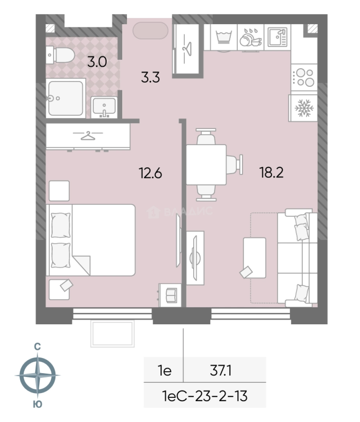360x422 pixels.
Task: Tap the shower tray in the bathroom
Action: [66, 98]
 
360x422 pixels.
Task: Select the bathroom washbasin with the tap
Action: [104, 107]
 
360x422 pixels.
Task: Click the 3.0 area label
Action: [97, 62]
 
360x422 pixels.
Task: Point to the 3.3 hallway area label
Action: [150, 77]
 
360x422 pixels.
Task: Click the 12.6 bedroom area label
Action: [150, 173]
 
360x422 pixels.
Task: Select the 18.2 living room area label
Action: [271, 173]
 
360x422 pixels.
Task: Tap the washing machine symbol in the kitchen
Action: [224, 37]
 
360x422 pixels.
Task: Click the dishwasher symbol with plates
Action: [251, 38]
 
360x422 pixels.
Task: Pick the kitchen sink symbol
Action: [278, 37]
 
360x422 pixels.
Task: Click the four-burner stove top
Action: [304, 77]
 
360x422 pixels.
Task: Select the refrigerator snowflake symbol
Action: [304, 108]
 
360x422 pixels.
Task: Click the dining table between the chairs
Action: [206, 165]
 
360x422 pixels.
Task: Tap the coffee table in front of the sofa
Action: [254, 257]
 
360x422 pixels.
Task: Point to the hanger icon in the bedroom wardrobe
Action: [88, 135]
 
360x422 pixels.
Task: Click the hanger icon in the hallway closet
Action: [187, 49]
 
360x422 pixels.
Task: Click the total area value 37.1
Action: [221, 371]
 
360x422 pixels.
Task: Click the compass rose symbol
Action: [37, 375]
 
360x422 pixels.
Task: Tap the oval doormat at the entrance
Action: [151, 31]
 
